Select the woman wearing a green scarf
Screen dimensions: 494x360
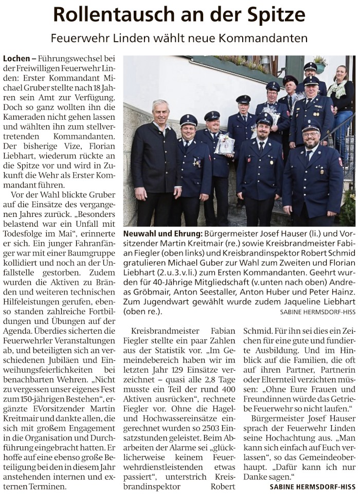pyautogui.click(x=340, y=103)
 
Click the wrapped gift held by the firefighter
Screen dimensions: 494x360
pyautogui.click(x=224, y=144)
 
